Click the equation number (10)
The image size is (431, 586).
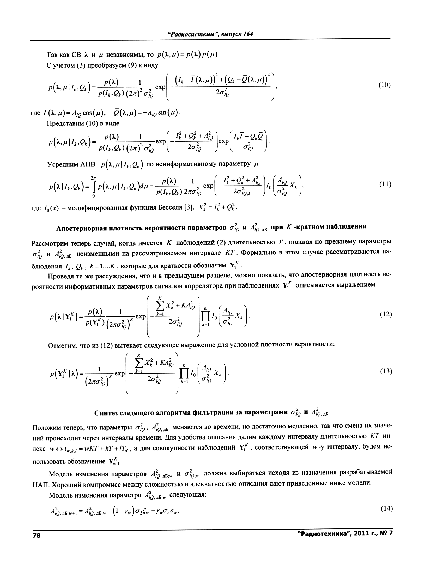(x=384, y=85)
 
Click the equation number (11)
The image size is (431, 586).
(x=385, y=184)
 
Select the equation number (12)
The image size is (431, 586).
(x=386, y=314)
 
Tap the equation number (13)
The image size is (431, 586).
(x=386, y=371)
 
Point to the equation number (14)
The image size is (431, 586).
(x=386, y=508)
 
